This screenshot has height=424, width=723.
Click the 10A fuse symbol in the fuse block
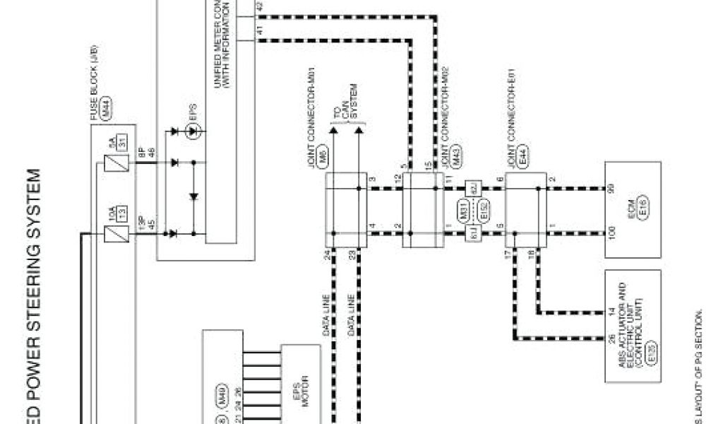click(112, 232)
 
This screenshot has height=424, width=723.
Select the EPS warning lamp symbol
click(191, 131)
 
